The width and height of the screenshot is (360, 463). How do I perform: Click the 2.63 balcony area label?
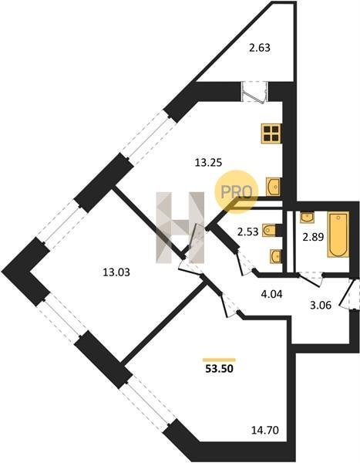(x=260, y=48)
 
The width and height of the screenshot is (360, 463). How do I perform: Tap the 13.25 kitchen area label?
(x=208, y=162)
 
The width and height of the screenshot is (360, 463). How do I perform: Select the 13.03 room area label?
(x=116, y=272)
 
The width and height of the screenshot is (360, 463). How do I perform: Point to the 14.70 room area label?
(x=265, y=430)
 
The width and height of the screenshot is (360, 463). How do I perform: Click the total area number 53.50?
(x=219, y=369)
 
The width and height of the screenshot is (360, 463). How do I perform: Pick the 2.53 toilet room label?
(x=248, y=231)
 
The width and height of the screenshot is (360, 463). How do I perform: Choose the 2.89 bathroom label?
(x=314, y=237)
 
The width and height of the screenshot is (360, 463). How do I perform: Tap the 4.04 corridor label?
(x=272, y=294)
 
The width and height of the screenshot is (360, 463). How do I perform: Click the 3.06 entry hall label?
(x=321, y=305)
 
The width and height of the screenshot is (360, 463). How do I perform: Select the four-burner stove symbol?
(x=271, y=133)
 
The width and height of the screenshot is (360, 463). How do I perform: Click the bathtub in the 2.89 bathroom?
(x=338, y=234)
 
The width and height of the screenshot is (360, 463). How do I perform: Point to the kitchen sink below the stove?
(x=273, y=187)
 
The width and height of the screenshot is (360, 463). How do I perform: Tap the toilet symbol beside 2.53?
(x=270, y=231)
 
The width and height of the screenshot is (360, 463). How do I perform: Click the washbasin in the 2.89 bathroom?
(x=307, y=217)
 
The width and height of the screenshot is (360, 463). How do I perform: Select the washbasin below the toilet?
(x=276, y=256)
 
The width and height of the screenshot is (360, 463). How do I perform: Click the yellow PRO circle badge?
(x=237, y=191)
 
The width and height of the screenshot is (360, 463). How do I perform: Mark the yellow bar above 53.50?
(x=219, y=360)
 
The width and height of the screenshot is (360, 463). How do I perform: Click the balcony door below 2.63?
(x=254, y=92)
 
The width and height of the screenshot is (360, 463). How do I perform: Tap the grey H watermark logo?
(x=180, y=228)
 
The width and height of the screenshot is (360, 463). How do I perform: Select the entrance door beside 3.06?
(x=350, y=293)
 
